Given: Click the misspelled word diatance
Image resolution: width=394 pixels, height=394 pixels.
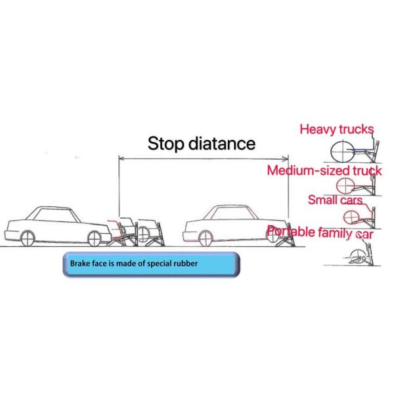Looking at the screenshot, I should point(222,143).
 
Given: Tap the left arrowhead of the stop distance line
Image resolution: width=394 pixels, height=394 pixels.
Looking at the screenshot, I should point(121,158).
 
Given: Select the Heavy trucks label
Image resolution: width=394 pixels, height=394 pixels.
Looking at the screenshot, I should point(336,129).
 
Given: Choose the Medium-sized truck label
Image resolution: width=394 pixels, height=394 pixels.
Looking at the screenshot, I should point(324,171).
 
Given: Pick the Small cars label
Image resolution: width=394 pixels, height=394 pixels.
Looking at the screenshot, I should point(335,198).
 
